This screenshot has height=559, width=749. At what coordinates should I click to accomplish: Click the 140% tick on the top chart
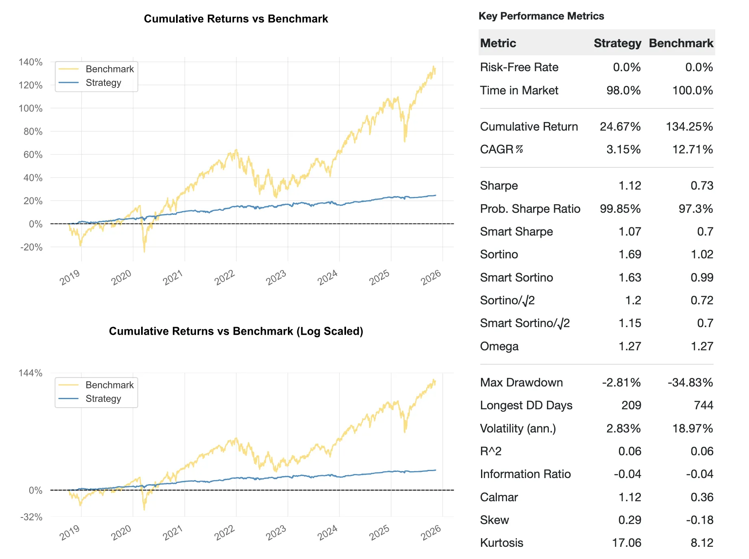[x=30, y=62]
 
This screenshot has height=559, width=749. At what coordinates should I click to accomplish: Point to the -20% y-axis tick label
[x=31, y=247]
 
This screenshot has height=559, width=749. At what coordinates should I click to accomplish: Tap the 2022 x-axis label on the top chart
[x=224, y=277]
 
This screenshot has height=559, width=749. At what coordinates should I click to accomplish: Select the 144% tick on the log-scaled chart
[x=30, y=373]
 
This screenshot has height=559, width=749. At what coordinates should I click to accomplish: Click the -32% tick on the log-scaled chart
[x=31, y=517]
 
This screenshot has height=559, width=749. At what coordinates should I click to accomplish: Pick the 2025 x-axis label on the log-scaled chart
[x=379, y=533]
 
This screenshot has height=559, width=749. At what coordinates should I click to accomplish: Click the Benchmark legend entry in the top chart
[x=109, y=69]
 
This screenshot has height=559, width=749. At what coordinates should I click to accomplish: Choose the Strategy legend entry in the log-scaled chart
[x=103, y=399]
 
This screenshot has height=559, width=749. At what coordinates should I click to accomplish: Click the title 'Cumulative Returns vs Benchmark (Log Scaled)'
[x=236, y=331]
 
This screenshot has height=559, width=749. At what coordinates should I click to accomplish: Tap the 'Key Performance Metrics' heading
[x=541, y=16]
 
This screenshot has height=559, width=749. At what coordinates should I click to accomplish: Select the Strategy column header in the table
[x=617, y=43]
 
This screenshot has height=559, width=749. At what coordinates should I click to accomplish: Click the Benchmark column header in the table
[x=681, y=43]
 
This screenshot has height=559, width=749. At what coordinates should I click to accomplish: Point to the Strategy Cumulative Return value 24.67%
[x=620, y=127]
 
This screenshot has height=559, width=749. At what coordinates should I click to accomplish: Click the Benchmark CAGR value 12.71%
[x=692, y=149]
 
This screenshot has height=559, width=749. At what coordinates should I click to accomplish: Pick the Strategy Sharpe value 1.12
[x=629, y=186]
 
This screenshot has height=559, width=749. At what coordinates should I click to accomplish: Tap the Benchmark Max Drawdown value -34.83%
[x=690, y=382]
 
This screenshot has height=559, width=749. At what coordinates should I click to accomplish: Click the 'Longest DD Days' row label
[x=526, y=405]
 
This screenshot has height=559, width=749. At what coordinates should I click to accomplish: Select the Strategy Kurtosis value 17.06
[x=627, y=543]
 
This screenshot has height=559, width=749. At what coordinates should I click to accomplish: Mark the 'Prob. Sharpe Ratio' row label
[x=530, y=209]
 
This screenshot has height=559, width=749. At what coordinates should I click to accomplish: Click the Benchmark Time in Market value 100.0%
[x=692, y=90]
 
